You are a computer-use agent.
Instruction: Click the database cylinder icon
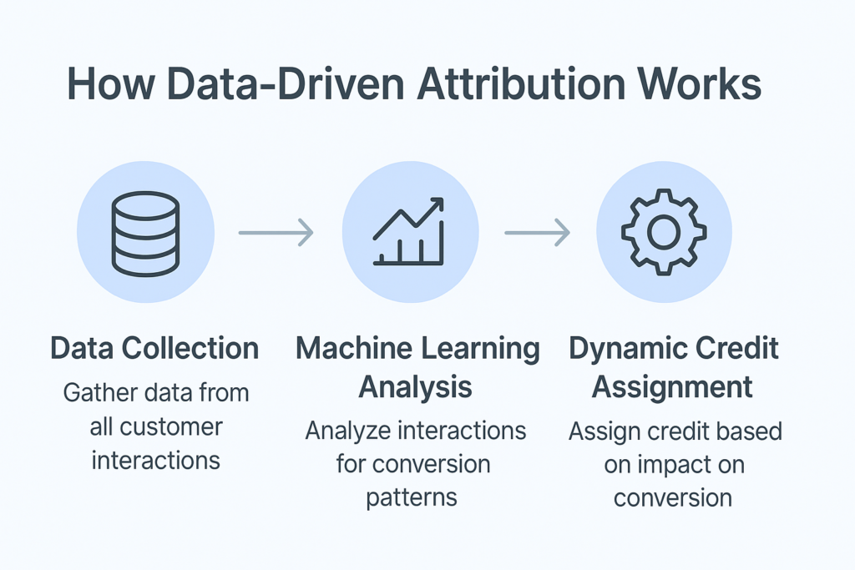coord(145,233)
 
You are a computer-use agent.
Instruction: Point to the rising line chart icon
coord(409,233)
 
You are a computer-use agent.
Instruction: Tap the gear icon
coord(664,233)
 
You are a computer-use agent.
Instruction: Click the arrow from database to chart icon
coord(276,232)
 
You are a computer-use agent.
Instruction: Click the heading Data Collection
coord(154,348)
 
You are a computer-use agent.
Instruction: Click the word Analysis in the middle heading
coord(416,387)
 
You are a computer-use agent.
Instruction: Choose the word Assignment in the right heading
coord(672,387)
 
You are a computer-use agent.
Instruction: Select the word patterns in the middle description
coord(411,497)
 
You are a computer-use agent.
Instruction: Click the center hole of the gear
coord(664,233)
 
